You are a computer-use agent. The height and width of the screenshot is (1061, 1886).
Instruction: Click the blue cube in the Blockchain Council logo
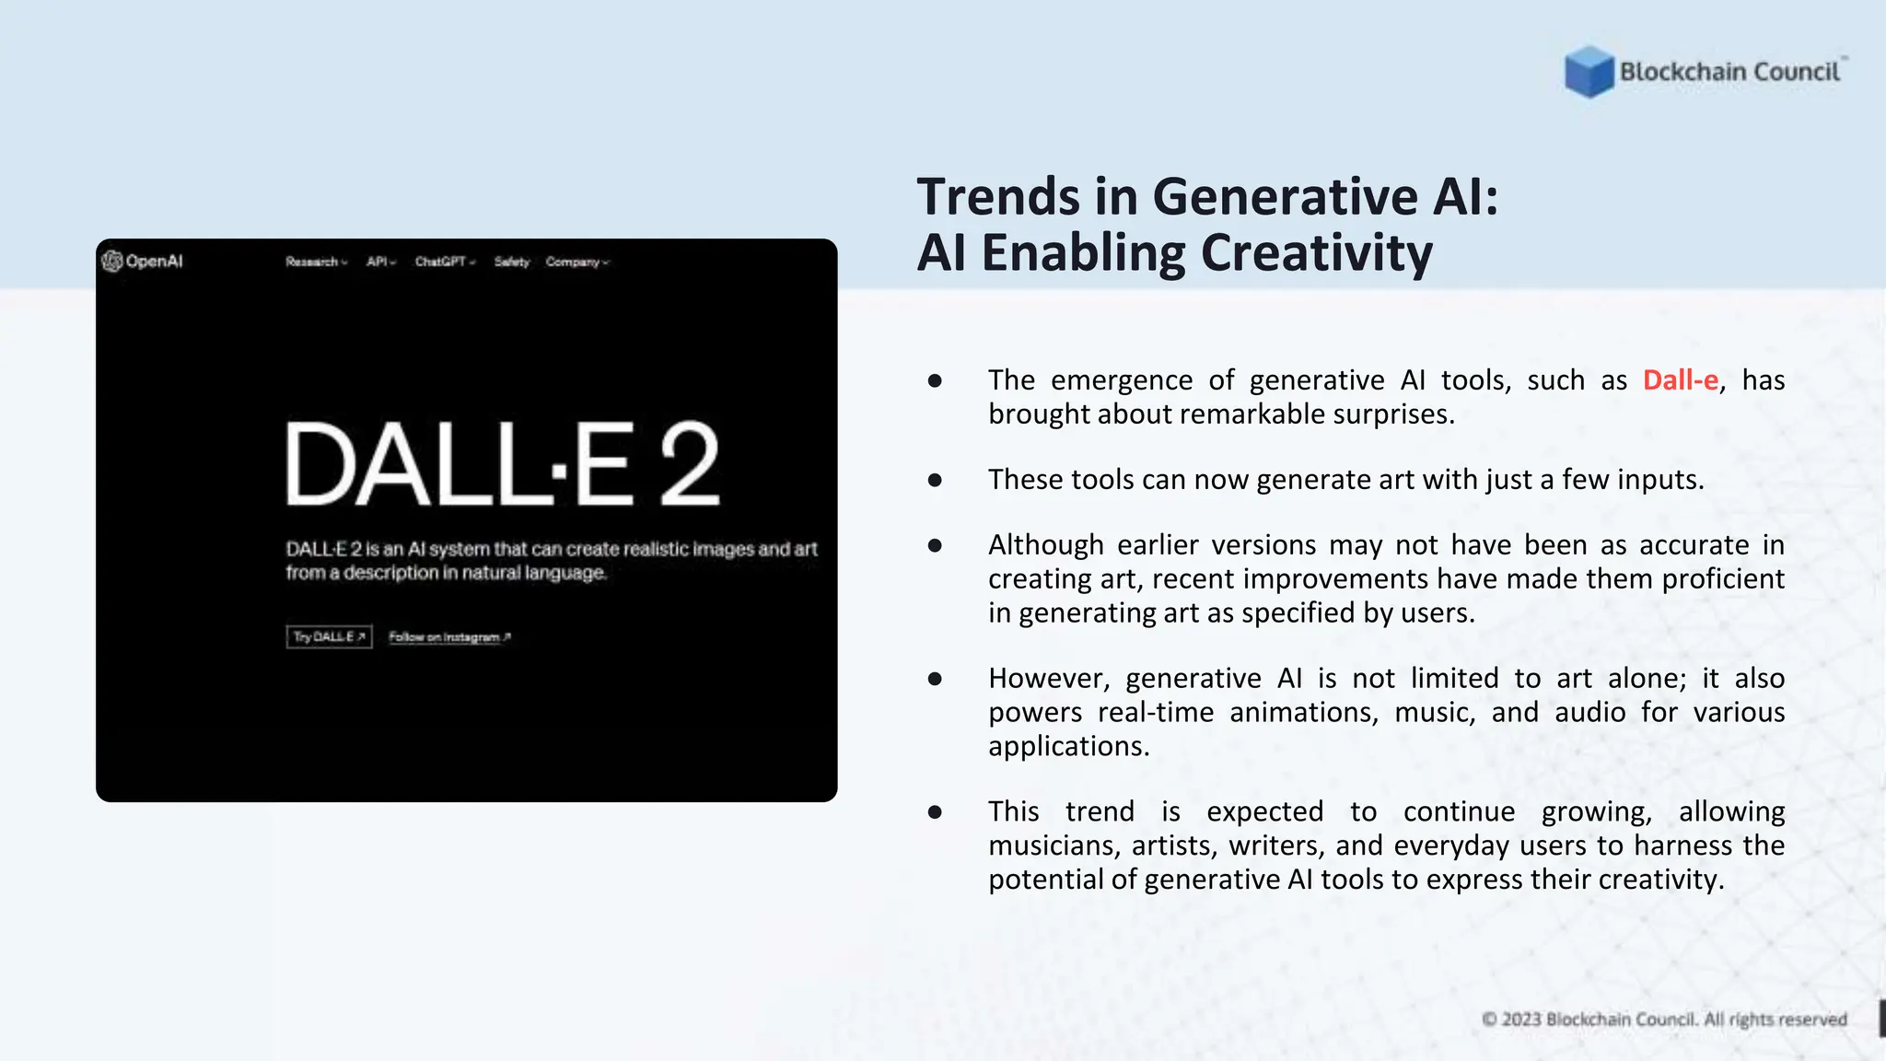(x=1589, y=72)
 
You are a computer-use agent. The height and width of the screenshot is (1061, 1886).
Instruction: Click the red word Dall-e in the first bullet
(x=1680, y=380)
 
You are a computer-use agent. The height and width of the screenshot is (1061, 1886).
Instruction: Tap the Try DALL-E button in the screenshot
(x=329, y=636)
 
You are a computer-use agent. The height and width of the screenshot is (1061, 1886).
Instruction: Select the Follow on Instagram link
(x=448, y=636)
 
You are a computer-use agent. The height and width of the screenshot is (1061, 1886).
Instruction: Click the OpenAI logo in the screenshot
(x=143, y=262)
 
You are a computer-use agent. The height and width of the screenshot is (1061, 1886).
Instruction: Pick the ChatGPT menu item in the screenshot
(x=444, y=262)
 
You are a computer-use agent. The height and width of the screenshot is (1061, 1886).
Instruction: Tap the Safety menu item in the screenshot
(x=511, y=262)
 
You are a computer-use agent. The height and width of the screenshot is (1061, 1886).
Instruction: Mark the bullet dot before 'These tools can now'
(x=935, y=480)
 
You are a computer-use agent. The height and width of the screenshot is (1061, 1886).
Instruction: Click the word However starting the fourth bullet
(x=1048, y=679)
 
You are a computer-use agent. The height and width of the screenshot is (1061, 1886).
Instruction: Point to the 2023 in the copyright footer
(x=1520, y=1020)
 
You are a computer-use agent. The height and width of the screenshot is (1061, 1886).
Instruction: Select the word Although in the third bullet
(x=1045, y=545)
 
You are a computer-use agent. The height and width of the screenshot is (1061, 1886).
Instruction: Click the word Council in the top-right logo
(x=1796, y=72)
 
